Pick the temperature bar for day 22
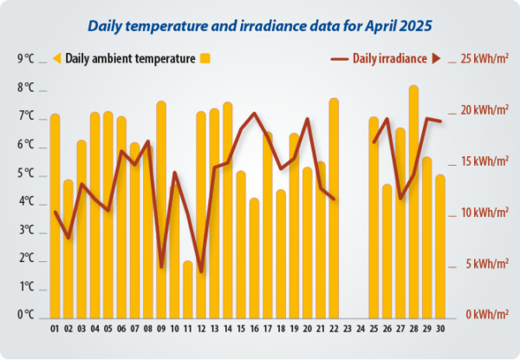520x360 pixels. [x=334, y=207]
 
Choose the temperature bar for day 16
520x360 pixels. [x=254, y=257]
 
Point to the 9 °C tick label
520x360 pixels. [x=25, y=59]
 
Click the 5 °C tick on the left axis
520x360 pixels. [x=25, y=173]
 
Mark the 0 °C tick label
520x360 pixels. [x=25, y=316]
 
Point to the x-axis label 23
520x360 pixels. [x=348, y=329]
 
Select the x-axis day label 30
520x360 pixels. [x=440, y=329]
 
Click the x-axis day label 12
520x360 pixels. [x=201, y=329]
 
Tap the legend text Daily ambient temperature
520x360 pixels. [x=130, y=59]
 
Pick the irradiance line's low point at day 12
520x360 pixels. [x=201, y=272]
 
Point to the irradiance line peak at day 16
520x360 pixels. [x=254, y=113]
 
